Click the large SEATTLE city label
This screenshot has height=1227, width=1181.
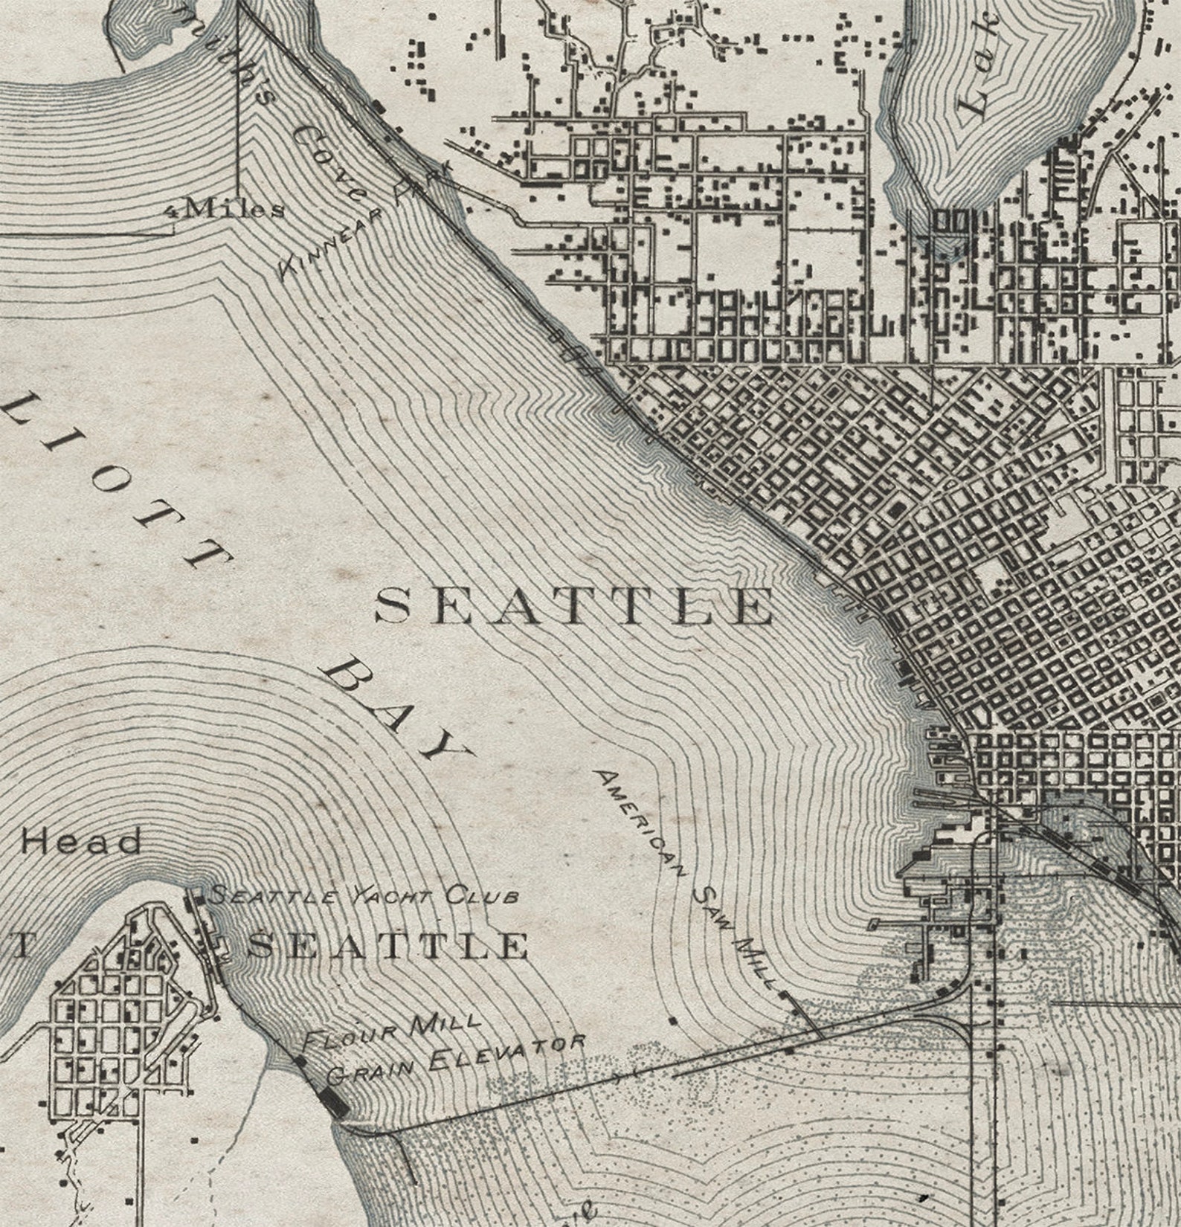(x=573, y=606)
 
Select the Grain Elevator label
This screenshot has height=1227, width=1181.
(x=455, y=1059)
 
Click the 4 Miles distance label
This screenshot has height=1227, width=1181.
(x=225, y=209)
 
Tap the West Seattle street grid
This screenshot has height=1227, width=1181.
(x=112, y=1034)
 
